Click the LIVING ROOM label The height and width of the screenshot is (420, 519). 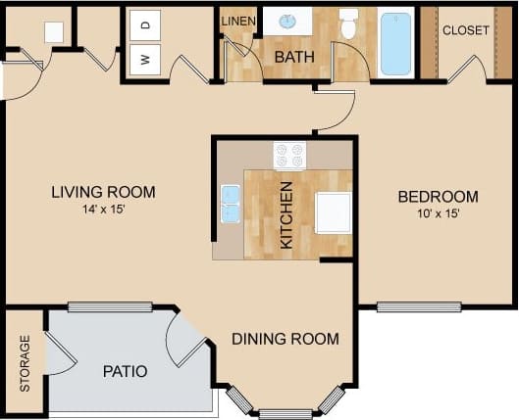104,192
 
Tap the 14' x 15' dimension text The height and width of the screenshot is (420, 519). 104,209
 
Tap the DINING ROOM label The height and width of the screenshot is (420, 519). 285,339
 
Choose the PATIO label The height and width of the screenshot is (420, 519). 126,371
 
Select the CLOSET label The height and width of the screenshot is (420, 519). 465,30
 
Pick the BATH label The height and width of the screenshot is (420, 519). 294,57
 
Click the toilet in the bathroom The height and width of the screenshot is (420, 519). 348,24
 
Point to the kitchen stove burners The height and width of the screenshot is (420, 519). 289,155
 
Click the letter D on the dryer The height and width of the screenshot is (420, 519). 145,23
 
